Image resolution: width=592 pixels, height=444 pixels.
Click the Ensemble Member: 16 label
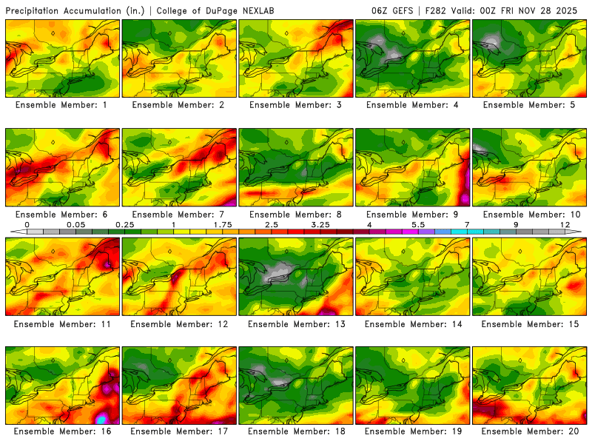click(x=63, y=431)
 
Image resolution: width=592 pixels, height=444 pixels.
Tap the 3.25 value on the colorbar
click(x=320, y=223)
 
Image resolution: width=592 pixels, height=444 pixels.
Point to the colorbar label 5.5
click(x=418, y=223)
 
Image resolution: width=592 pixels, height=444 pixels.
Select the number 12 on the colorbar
click(x=565, y=223)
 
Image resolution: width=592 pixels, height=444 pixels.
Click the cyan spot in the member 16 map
click(x=102, y=418)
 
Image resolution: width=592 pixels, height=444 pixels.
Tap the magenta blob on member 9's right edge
click(x=465, y=198)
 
